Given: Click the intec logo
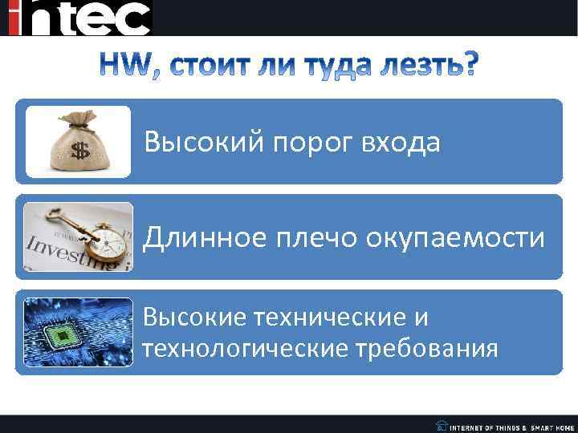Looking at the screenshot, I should tap(79, 18).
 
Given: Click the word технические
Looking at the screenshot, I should tap(333, 318).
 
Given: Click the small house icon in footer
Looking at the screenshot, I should tap(441, 425).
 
